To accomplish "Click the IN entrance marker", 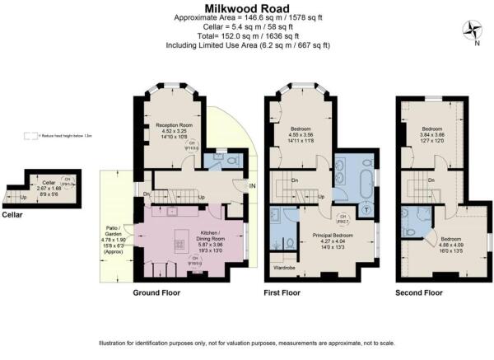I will click(254, 186).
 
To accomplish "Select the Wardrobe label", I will click(286, 267).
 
